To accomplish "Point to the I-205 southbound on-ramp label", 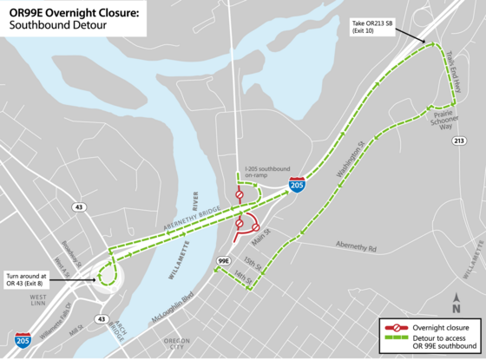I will click(267, 173).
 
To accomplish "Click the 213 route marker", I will click(459, 140).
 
